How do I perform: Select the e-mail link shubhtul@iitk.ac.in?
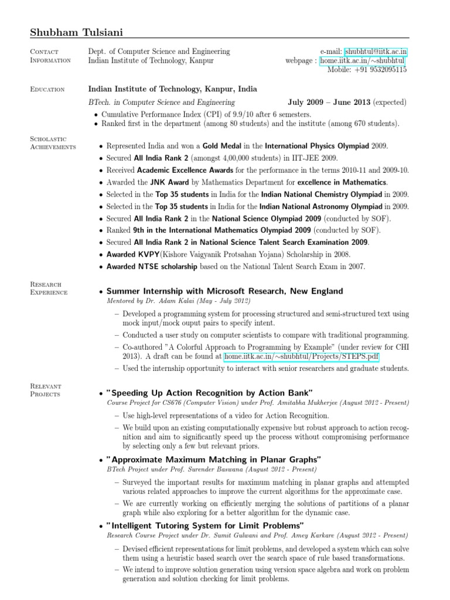(x=376, y=52)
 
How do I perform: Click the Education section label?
(x=47, y=90)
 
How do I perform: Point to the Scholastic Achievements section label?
(x=52, y=142)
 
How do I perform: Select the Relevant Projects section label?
(x=46, y=390)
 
